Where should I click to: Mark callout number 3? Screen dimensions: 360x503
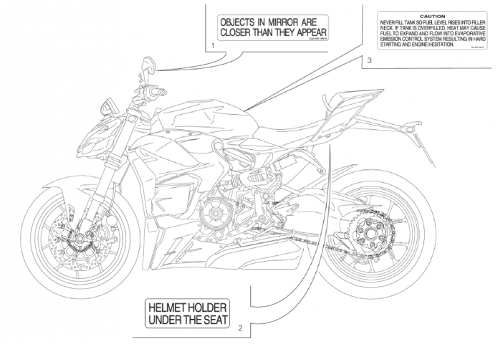click(368, 61)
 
